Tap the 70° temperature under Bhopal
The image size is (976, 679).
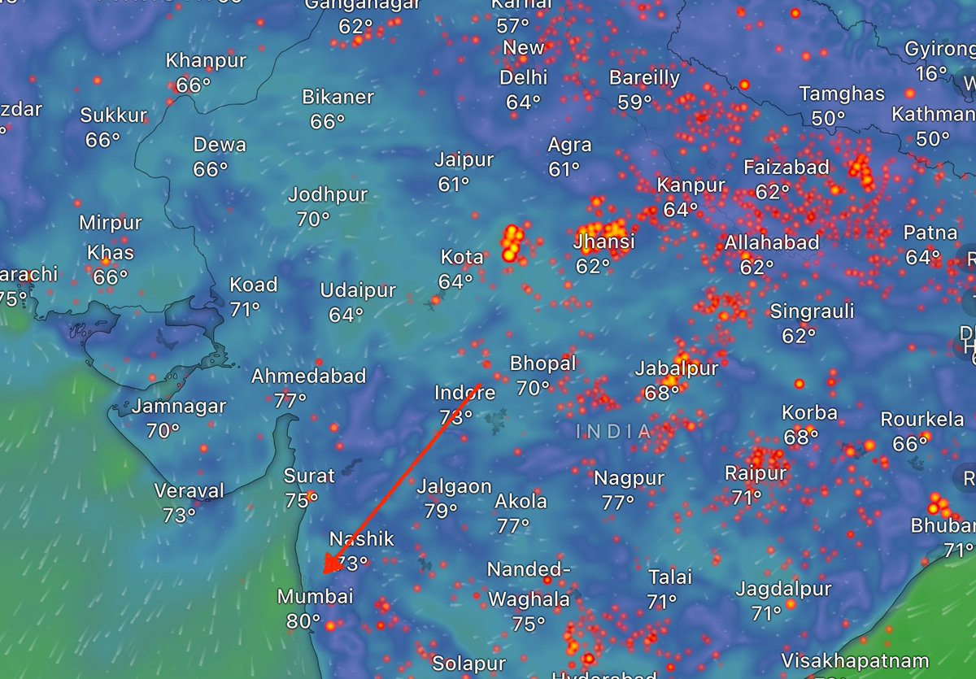[533, 389]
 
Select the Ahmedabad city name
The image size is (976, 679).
[308, 376]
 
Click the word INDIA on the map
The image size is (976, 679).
[614, 432]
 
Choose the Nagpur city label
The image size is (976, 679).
[629, 477]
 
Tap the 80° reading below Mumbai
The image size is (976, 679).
[303, 622]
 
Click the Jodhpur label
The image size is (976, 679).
[328, 195]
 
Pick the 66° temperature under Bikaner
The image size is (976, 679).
[328, 121]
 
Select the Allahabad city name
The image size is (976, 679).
[772, 242]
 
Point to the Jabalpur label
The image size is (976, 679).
[677, 368]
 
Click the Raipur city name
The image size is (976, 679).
[756, 472]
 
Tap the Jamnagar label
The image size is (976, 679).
[179, 406]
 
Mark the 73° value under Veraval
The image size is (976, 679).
[179, 516]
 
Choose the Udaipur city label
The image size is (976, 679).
[358, 290]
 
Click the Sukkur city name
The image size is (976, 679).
[114, 115]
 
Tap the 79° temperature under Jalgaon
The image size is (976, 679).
[441, 511]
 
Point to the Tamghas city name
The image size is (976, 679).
[841, 94]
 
